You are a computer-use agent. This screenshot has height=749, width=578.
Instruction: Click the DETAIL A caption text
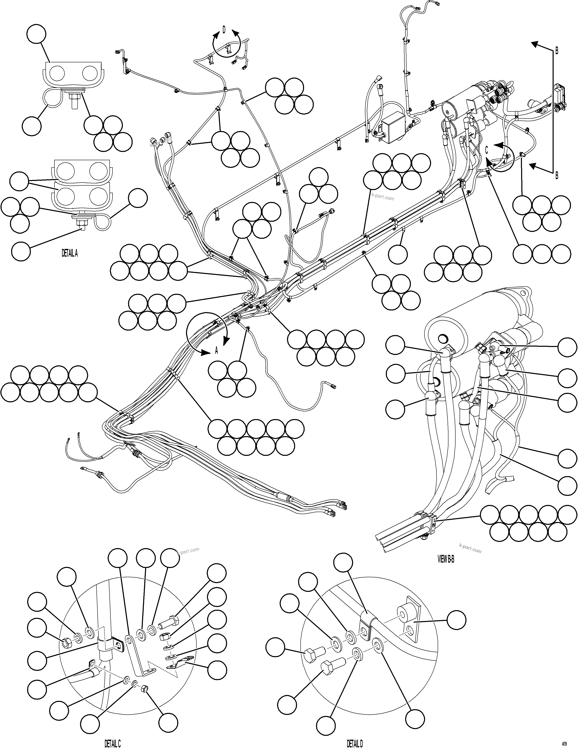pyautogui.click(x=70, y=253)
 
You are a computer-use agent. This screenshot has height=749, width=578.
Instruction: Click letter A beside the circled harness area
pyautogui.click(x=216, y=350)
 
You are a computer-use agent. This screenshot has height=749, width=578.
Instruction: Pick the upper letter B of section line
pyautogui.click(x=557, y=51)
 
